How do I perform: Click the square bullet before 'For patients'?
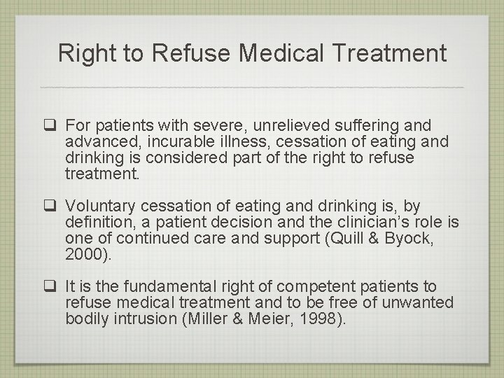(x=51, y=127)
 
